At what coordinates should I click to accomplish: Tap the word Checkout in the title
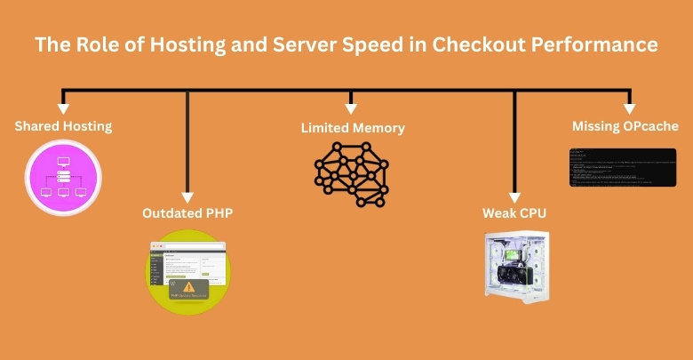click(x=479, y=44)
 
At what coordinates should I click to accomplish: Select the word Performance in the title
click(x=593, y=44)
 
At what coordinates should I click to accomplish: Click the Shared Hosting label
click(x=63, y=126)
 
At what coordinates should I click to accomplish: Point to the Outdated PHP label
click(x=187, y=213)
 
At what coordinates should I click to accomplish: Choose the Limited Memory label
click(x=353, y=128)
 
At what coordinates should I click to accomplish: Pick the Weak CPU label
click(x=515, y=213)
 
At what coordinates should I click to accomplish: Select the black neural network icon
click(x=352, y=173)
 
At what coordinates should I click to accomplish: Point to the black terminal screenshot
click(x=623, y=168)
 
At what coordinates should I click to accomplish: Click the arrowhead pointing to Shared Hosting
click(x=63, y=107)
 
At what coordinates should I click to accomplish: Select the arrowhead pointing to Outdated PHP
click(x=187, y=197)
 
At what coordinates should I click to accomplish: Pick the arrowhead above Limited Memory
click(x=352, y=107)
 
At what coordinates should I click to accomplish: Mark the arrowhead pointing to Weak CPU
click(x=515, y=197)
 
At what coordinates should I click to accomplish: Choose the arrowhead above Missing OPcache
click(x=629, y=107)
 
